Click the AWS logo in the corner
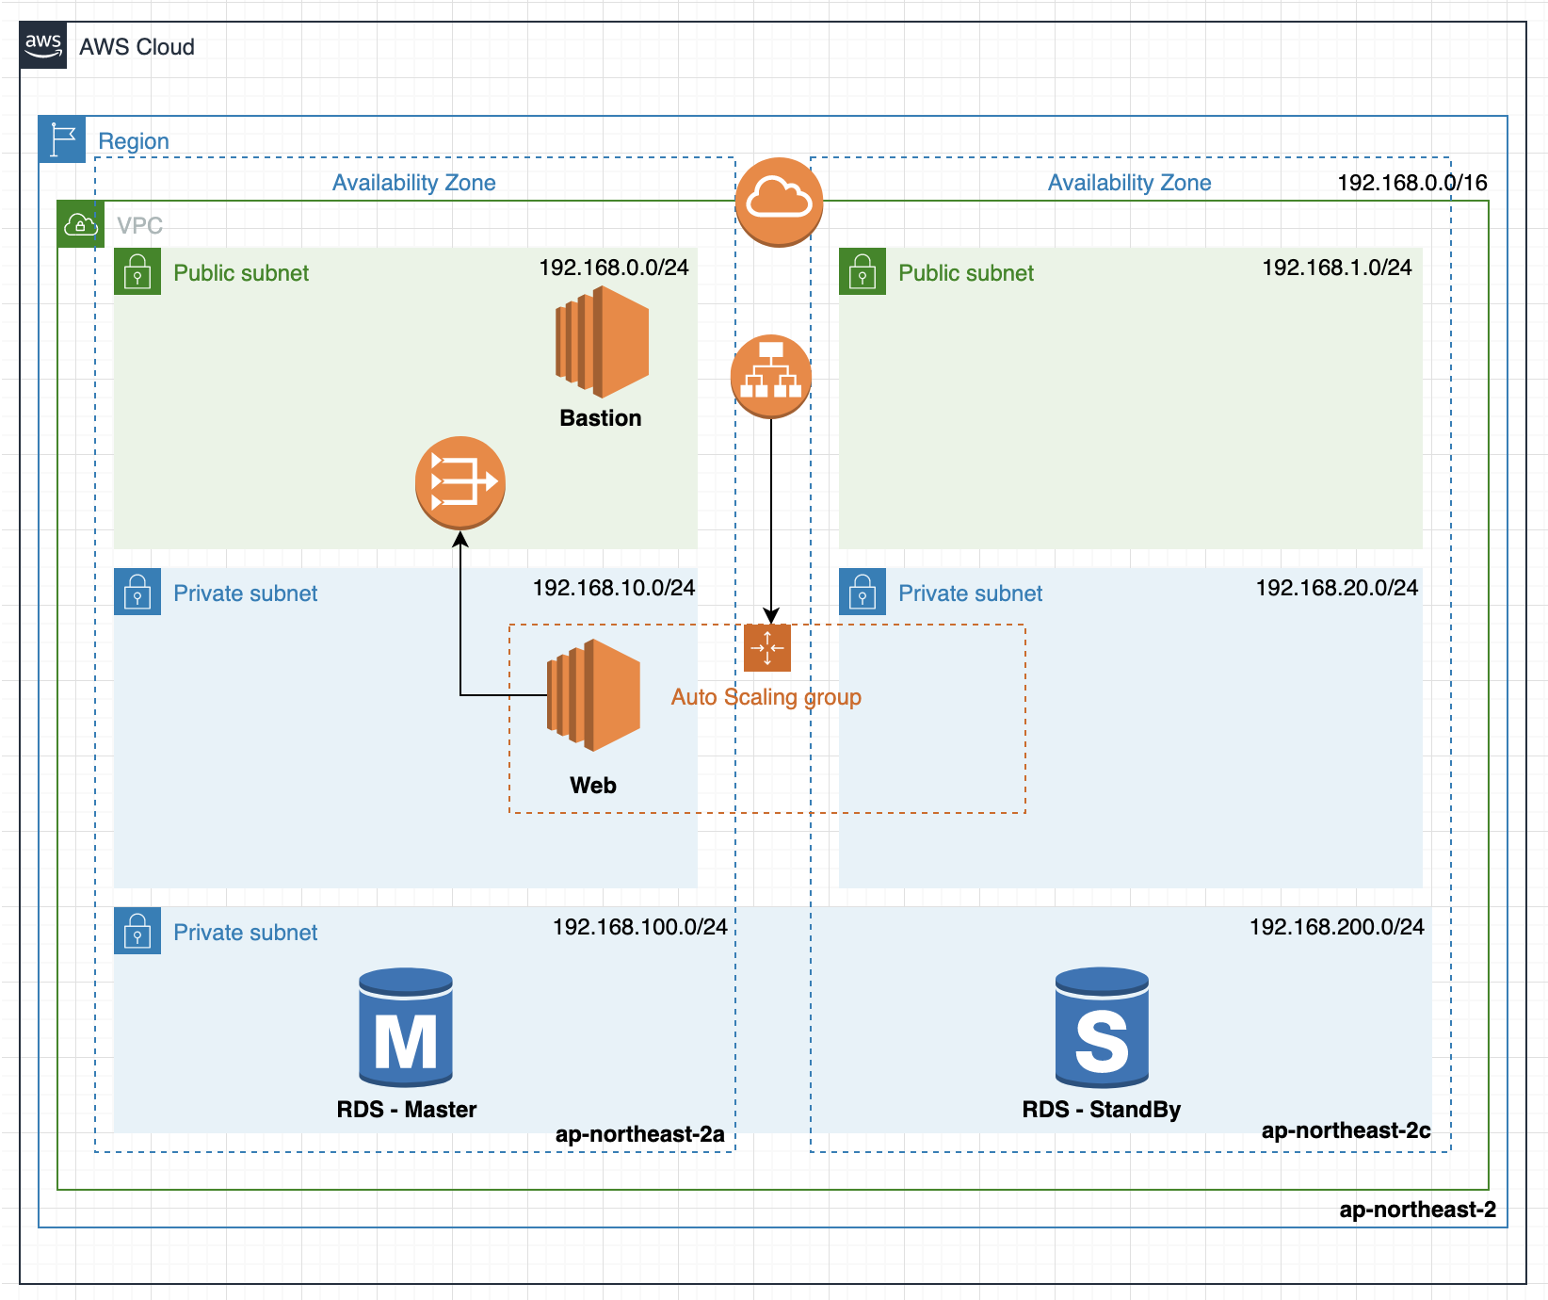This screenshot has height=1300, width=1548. (x=43, y=45)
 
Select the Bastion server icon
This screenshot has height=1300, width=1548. (x=602, y=341)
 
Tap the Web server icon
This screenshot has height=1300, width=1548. (x=593, y=695)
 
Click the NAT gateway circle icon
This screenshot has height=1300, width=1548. (x=460, y=482)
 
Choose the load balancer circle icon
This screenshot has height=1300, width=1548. (x=771, y=376)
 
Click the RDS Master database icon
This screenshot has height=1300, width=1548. (x=406, y=1028)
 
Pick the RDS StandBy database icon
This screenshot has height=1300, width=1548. (x=1102, y=1028)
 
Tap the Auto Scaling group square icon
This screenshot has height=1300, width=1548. (x=767, y=648)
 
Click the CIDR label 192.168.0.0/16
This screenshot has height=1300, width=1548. (x=1412, y=183)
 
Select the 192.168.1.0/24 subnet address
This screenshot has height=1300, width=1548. (x=1337, y=268)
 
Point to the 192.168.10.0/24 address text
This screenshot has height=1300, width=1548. (x=614, y=588)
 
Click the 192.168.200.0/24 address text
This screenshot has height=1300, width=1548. (x=1337, y=927)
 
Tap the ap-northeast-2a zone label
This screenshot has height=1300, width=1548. (x=640, y=1134)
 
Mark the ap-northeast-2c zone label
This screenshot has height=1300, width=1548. (x=1346, y=1130)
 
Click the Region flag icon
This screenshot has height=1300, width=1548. (x=62, y=139)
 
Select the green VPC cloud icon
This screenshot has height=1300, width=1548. (x=80, y=224)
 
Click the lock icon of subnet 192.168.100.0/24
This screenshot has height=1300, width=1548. (x=137, y=931)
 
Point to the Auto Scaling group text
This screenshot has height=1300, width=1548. (x=766, y=697)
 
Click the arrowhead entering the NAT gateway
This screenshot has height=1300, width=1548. (x=460, y=539)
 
